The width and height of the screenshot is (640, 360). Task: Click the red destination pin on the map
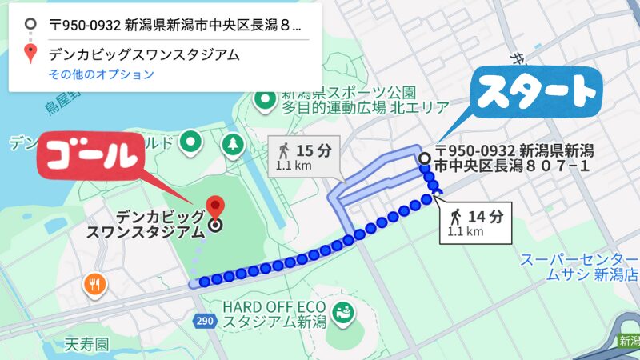(214, 205)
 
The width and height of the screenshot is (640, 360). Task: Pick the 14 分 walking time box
(475, 221)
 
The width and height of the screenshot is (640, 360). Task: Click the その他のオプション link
(101, 74)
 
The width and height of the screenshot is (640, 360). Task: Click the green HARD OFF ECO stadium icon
(344, 310)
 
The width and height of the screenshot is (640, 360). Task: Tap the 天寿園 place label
(86, 346)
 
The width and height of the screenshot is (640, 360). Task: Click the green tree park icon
(233, 144)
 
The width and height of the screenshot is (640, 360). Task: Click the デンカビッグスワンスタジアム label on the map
(160, 225)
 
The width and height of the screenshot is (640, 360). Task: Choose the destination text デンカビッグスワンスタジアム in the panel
(144, 55)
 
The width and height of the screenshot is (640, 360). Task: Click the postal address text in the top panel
(176, 24)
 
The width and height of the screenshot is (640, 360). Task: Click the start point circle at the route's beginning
(424, 158)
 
